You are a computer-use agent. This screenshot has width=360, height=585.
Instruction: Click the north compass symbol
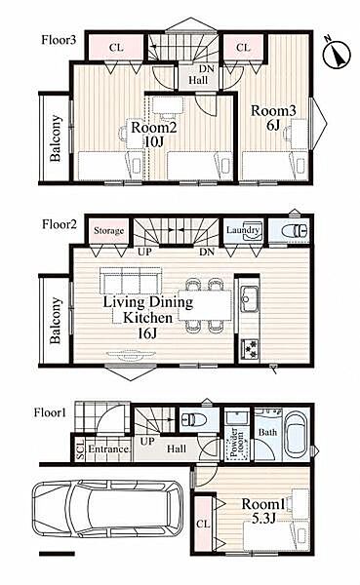click(x=337, y=54)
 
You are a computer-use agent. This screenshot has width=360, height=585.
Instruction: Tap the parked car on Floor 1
click(x=107, y=508)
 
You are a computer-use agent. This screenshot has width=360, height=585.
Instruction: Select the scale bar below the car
click(x=58, y=553)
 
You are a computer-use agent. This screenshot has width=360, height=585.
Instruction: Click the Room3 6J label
click(x=273, y=118)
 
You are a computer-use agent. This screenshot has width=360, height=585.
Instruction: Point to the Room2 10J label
click(x=153, y=134)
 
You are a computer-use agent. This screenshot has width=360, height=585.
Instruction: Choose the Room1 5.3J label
click(x=263, y=511)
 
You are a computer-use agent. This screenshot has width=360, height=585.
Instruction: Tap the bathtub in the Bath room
click(x=296, y=435)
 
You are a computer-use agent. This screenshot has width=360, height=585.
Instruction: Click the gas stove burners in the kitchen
click(x=249, y=349)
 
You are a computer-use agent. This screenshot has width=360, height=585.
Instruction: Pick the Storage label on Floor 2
click(x=108, y=230)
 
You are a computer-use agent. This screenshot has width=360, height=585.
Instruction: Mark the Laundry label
click(x=243, y=230)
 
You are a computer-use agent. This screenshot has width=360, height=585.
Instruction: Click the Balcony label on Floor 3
click(x=56, y=138)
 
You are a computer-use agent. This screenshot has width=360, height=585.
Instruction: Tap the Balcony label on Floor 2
click(x=56, y=320)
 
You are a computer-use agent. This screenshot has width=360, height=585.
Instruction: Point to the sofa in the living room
click(x=131, y=280)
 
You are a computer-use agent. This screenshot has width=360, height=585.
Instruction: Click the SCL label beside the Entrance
click(x=80, y=449)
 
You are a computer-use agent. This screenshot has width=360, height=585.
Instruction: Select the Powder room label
click(x=236, y=444)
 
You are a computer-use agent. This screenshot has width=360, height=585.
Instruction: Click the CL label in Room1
click(x=203, y=524)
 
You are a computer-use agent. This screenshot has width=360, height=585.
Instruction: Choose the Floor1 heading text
click(x=50, y=412)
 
